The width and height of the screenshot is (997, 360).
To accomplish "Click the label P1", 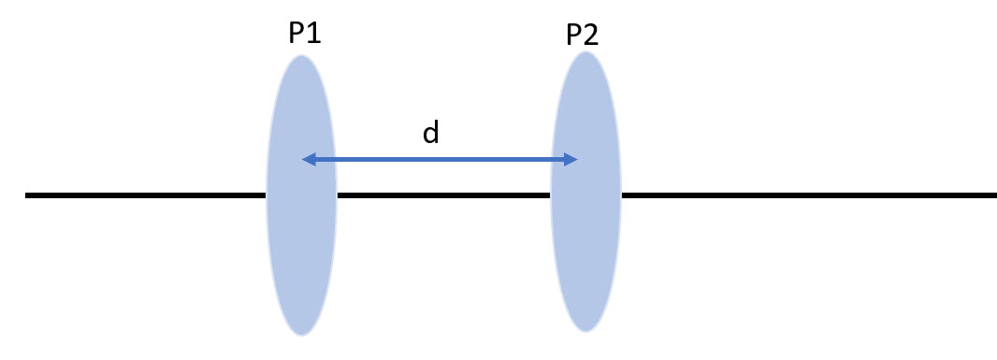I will tap(304, 34).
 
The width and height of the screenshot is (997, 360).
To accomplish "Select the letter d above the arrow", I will tap(430, 133).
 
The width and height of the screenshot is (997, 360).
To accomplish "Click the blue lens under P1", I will tap(301, 243).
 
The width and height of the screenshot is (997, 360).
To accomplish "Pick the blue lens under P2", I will tap(585, 243).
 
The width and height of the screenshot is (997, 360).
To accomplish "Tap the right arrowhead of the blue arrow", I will tap(571, 160).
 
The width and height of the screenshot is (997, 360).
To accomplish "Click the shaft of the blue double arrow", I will tap(440, 160).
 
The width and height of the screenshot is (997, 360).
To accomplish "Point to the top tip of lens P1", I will tap(301, 56).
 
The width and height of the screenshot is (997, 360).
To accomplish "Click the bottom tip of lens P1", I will tap(301, 335).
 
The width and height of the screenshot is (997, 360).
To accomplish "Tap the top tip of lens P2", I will tap(585, 52).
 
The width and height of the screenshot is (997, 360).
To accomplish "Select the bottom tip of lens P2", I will tap(585, 331).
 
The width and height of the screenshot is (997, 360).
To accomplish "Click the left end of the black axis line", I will tap(27, 195).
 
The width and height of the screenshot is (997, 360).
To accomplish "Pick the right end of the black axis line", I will tap(994, 195).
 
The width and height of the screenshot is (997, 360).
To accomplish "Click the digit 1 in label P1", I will tap(314, 34).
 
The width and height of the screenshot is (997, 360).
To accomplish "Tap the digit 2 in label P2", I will tap(592, 36).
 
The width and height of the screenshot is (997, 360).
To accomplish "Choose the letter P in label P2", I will tap(574, 36).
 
